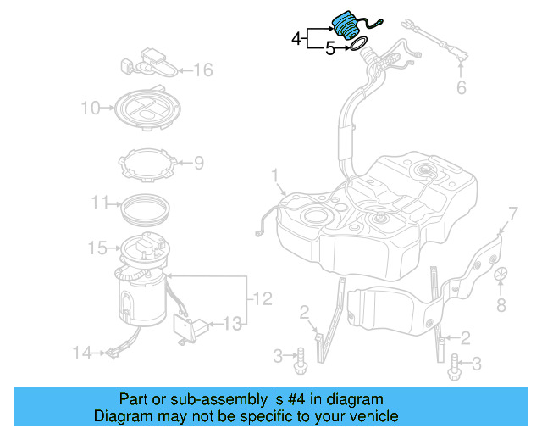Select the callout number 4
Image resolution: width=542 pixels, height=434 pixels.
pos(296,38)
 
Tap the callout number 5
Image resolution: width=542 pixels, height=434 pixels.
pos(330,49)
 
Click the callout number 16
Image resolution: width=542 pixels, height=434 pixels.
pos(204,70)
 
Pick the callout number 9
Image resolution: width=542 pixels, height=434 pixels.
pos(198,162)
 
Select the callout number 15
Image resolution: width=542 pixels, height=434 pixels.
pos(97,248)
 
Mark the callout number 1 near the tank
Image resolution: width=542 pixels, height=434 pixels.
pos(274,175)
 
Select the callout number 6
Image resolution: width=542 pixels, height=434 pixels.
pos(462,87)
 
